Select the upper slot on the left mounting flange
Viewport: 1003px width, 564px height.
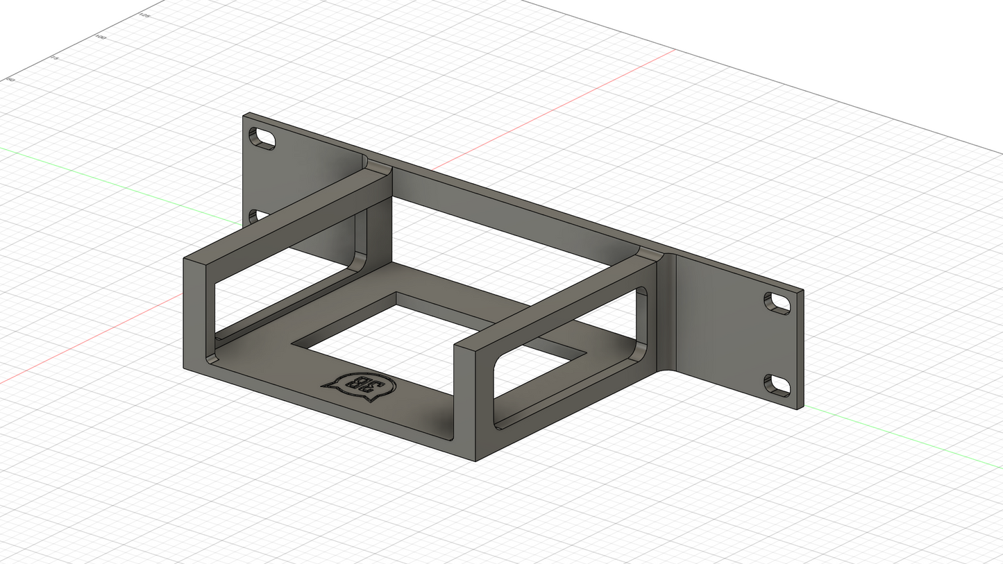coord(262,138)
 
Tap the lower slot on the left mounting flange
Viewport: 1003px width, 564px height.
coord(254,216)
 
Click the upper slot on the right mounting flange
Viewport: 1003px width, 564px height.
coord(778,302)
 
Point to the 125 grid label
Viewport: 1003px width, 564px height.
coord(145,15)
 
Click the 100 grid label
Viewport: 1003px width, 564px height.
coord(101,37)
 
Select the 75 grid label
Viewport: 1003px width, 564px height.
coord(55,59)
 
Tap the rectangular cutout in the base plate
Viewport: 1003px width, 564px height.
coord(416,333)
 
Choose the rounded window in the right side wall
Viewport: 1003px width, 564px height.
coord(566,361)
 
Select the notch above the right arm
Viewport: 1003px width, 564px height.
coord(651,254)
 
